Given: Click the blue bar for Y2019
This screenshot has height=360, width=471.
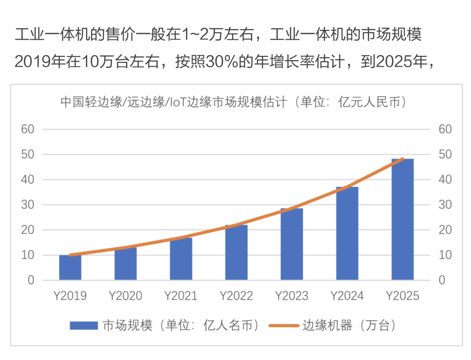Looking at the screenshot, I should point(70,267).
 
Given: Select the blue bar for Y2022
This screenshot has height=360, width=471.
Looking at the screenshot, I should point(236,252).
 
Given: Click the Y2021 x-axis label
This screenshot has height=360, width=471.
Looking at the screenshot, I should point(181,296).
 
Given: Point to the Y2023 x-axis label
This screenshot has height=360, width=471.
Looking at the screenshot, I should point(292,296).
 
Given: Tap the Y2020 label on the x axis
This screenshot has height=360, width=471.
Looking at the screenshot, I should point(125,296).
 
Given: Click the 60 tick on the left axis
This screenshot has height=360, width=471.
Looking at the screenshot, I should point(28,129).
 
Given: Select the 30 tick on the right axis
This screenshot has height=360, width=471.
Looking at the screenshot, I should point(445,205).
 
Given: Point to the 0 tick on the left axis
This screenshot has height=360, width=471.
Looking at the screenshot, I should point(31,280).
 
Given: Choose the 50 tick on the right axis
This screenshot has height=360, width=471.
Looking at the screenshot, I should point(445,154).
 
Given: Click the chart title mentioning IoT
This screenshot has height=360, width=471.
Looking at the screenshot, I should point(233,102).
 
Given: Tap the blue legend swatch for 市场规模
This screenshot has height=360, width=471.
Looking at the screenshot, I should point(84,325).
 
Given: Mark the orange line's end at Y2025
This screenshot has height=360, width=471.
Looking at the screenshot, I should point(403,159).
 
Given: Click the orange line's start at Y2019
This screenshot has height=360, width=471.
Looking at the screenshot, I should point(70,255).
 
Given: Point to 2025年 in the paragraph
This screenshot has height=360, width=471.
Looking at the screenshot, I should point(401,61).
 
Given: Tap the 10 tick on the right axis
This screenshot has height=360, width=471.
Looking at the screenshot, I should point(445,255).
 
